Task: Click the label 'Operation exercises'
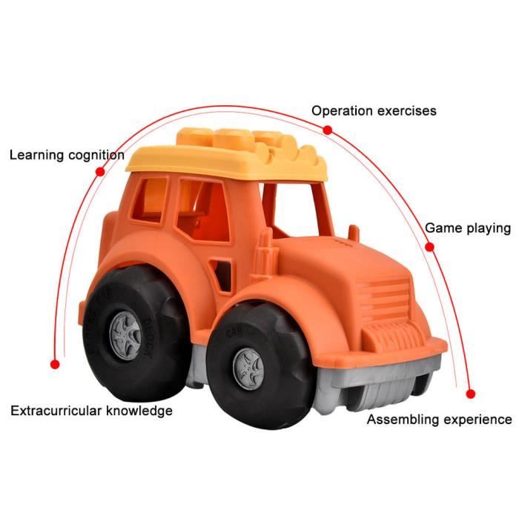click(374, 111)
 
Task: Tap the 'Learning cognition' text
click(67, 155)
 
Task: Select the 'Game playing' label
click(468, 228)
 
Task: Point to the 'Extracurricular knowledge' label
click(91, 411)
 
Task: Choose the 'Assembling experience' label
click(439, 420)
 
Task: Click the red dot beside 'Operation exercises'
click(328, 130)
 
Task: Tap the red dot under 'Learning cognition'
click(100, 171)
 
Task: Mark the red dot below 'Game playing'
click(429, 247)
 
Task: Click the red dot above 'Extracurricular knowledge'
click(55, 365)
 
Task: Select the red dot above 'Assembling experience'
click(470, 394)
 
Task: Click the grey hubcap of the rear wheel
click(125, 336)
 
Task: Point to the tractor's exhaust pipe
click(265, 256)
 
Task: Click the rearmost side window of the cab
click(149, 199)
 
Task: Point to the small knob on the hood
click(354, 233)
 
